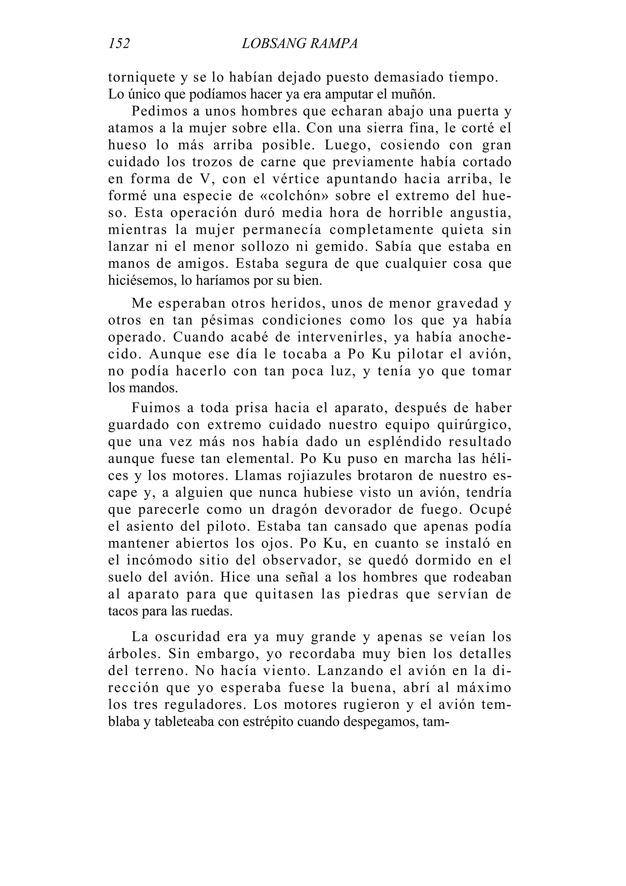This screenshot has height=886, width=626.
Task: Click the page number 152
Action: pyautogui.click(x=119, y=44)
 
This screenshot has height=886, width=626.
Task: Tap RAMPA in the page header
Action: pyautogui.click(x=334, y=44)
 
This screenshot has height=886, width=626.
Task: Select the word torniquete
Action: pyautogui.click(x=141, y=78)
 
